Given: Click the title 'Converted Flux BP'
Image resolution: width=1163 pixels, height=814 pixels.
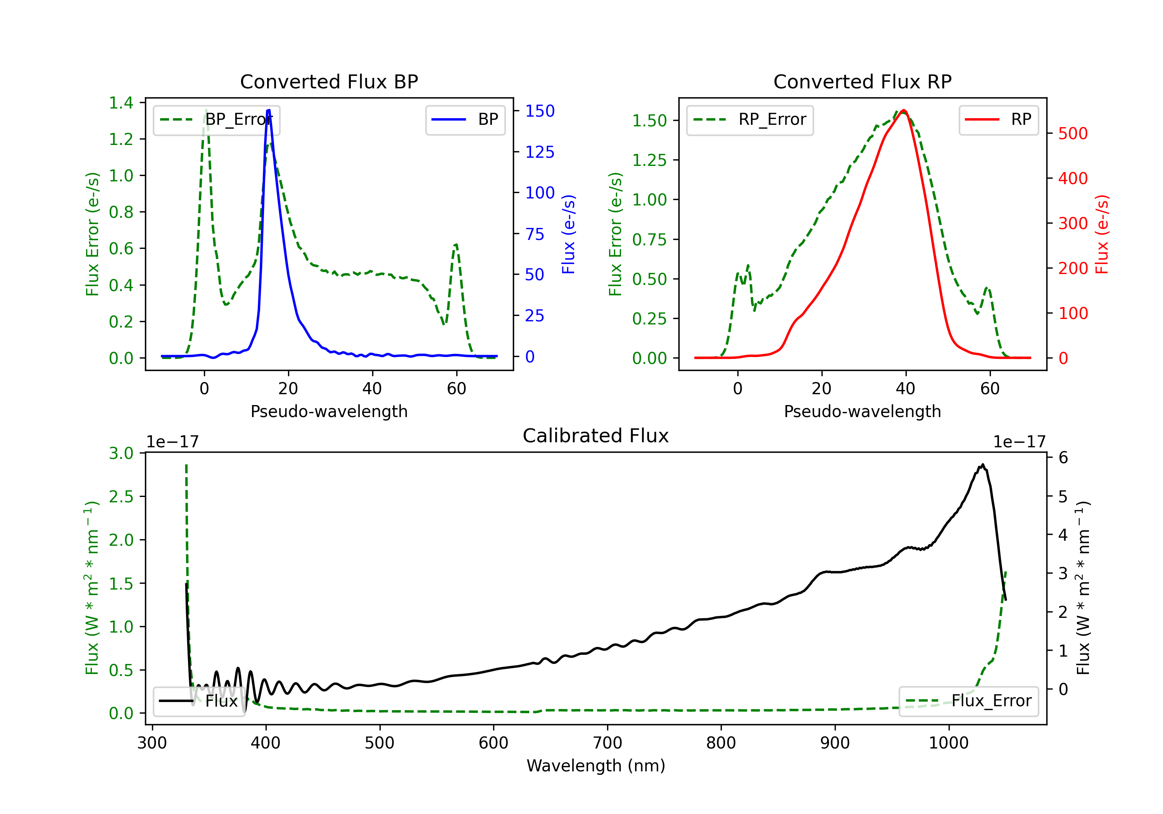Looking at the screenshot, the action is click(329, 81).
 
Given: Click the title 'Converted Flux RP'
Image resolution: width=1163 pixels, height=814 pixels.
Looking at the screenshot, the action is click(862, 81).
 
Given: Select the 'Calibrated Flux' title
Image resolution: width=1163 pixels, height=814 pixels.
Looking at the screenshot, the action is click(596, 436).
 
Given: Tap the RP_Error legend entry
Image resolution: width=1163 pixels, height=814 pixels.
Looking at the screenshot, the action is click(750, 119).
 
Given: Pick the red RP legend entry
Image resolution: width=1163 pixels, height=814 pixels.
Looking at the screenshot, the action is click(998, 119).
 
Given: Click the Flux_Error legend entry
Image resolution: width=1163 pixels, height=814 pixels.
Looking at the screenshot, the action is click(968, 701).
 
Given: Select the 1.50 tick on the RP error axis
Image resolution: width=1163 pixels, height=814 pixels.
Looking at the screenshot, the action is click(649, 121).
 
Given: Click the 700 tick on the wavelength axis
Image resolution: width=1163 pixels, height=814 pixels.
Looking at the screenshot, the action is click(607, 743).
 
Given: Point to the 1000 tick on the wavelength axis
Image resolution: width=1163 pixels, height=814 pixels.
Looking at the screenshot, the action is click(949, 743).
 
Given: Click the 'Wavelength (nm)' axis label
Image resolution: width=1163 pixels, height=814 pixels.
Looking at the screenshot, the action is click(596, 766).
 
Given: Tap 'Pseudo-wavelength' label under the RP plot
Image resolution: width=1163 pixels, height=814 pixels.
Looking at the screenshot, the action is click(862, 411).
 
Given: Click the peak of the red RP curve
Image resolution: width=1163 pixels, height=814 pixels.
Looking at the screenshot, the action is click(904, 110).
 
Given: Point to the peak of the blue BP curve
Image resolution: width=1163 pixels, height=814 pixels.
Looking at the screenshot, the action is click(269, 110).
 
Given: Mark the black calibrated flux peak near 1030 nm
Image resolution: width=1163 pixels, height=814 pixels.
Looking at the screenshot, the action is click(983, 464).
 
